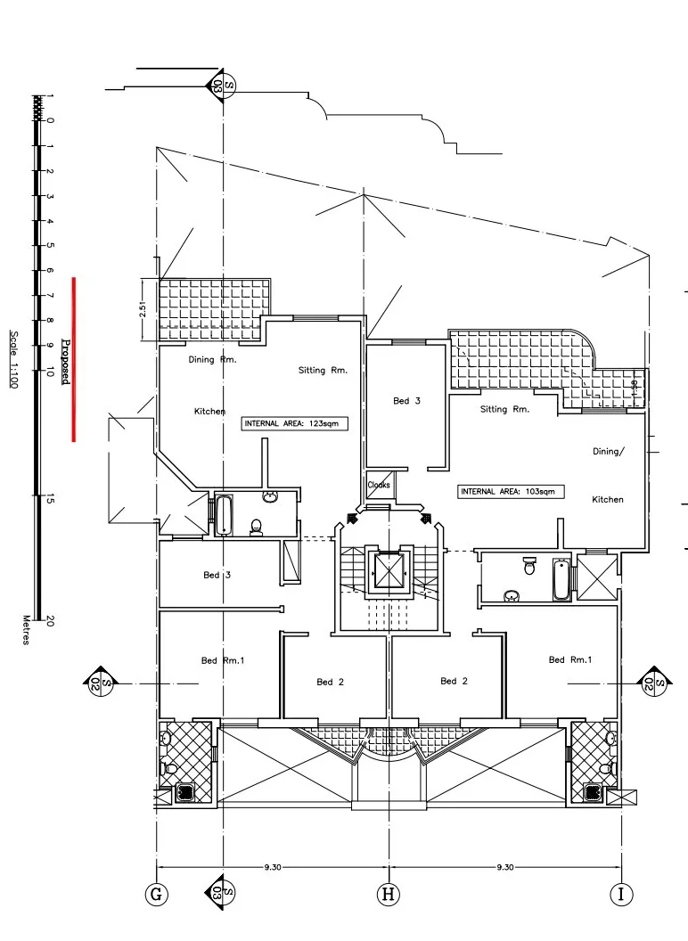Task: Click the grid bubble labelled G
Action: (x=156, y=895)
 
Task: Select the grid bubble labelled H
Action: (x=389, y=895)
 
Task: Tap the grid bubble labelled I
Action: (x=621, y=895)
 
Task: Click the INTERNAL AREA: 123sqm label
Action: (x=294, y=423)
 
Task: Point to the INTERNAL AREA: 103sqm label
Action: (x=511, y=492)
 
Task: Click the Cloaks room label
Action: (x=379, y=485)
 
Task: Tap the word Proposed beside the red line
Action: (x=65, y=362)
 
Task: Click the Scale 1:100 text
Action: (x=13, y=359)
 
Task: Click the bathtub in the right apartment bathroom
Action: (x=561, y=579)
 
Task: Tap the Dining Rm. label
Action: (x=212, y=359)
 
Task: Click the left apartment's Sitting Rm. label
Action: (x=323, y=371)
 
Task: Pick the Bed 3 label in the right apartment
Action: (x=407, y=401)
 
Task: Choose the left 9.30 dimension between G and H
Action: (x=273, y=866)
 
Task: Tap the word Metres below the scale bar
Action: (x=26, y=630)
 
